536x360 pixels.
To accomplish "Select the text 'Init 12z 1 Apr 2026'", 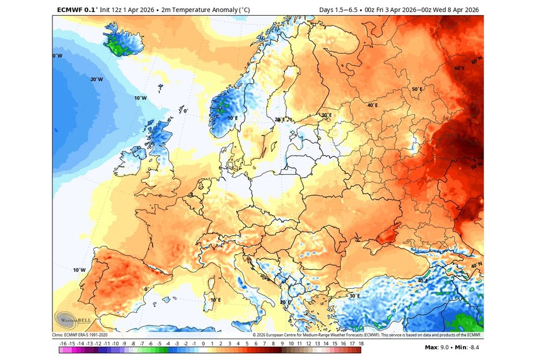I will pyautogui.click(x=131, y=9).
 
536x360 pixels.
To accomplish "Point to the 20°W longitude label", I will pyautogui.click(x=96, y=79).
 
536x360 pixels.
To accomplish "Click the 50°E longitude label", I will pyautogui.click(x=417, y=90).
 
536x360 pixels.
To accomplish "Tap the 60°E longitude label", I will pyautogui.click(x=458, y=69).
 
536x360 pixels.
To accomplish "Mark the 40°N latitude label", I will pyautogui.click(x=476, y=265).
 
